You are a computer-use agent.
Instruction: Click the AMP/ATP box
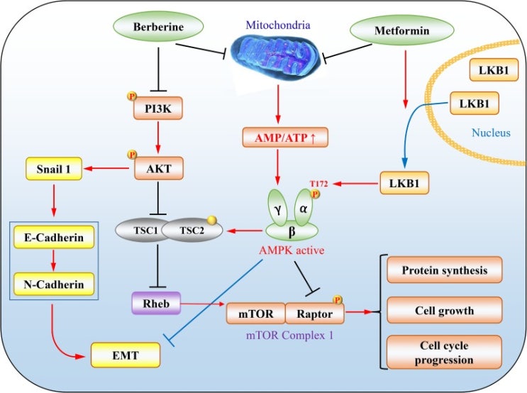pyautogui.click(x=284, y=136)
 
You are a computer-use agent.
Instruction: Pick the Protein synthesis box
pyautogui.click(x=443, y=270)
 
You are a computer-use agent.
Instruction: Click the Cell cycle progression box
pyautogui.click(x=443, y=353)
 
